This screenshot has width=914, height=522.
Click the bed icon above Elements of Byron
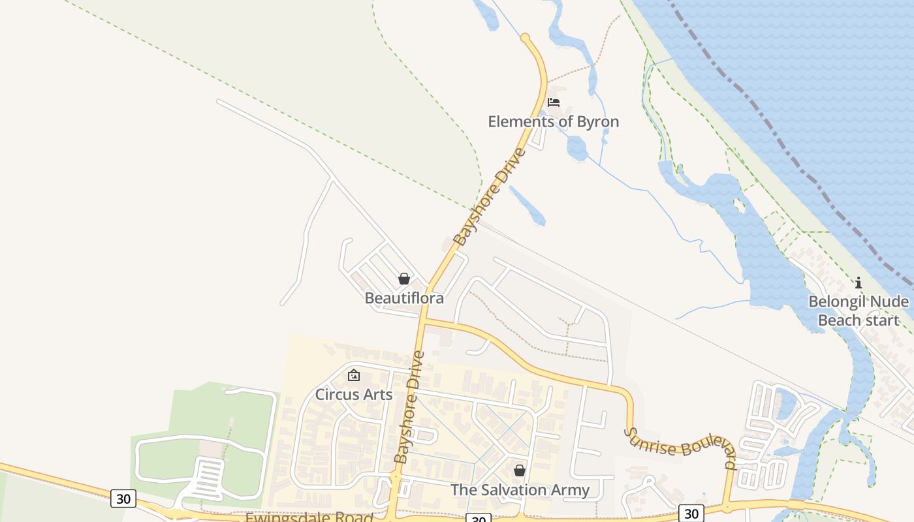554,102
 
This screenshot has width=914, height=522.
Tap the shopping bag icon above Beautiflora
404,279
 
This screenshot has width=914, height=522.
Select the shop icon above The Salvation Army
520,470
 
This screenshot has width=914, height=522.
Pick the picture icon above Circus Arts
354,375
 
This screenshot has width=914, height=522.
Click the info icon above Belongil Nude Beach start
859,283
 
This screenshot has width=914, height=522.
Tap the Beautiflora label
404,298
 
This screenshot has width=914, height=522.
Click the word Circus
337,395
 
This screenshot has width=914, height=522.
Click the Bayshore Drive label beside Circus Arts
409,407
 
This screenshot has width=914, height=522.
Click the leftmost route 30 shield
123,499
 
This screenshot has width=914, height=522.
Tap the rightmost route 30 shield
691,514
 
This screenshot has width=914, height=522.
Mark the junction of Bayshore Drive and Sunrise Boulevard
422,320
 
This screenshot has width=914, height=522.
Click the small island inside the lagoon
740,206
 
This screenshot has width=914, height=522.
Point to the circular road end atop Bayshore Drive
526,38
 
